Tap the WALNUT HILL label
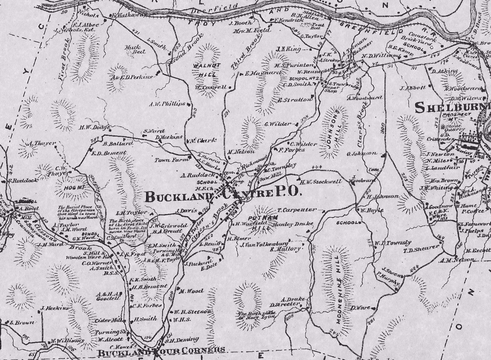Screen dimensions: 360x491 (x=206, y=69)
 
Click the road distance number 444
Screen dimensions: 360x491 (x=317, y=167)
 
